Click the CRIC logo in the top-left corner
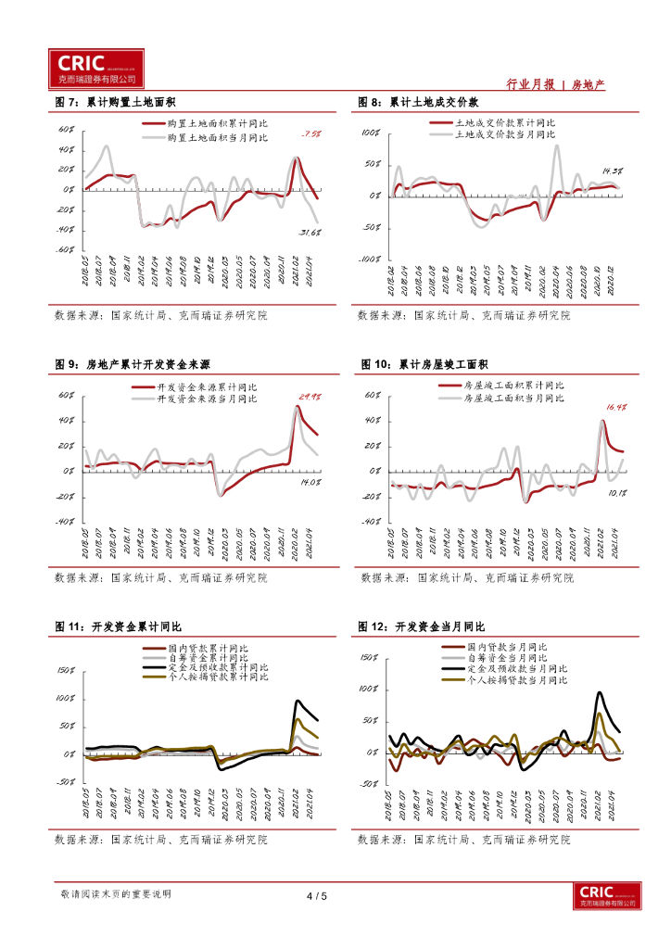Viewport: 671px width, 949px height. (96, 67)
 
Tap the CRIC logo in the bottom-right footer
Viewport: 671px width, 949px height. (606, 896)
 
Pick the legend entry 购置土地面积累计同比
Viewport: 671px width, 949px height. (218, 123)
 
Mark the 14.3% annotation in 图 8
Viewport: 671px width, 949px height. (611, 171)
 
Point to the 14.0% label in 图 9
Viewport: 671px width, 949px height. (309, 482)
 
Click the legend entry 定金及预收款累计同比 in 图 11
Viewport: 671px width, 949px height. (219, 667)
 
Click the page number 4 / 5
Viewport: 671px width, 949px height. (317, 896)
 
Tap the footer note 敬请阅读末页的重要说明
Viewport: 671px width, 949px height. (115, 894)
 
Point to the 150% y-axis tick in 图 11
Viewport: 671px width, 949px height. (66, 670)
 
